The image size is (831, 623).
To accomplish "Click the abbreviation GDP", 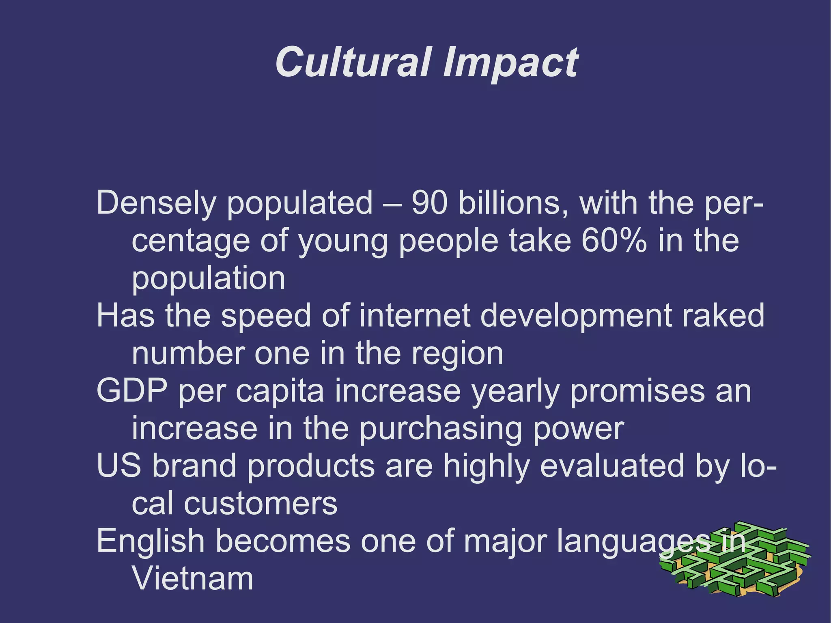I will (132, 390).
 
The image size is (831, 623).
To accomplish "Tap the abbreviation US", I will (119, 466).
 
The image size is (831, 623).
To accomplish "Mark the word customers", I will (260, 503).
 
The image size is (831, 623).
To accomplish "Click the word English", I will (150, 541).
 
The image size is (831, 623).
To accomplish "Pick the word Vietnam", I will (193, 578).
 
